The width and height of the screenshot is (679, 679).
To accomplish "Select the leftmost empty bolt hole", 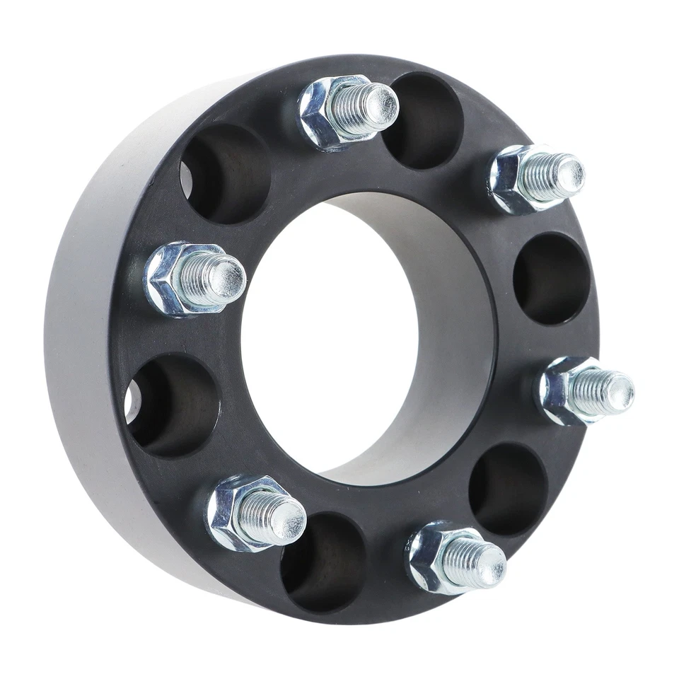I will (x=173, y=405).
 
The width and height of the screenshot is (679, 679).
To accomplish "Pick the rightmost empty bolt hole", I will (x=552, y=279).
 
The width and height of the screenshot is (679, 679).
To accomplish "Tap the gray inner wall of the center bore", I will (x=453, y=339).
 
